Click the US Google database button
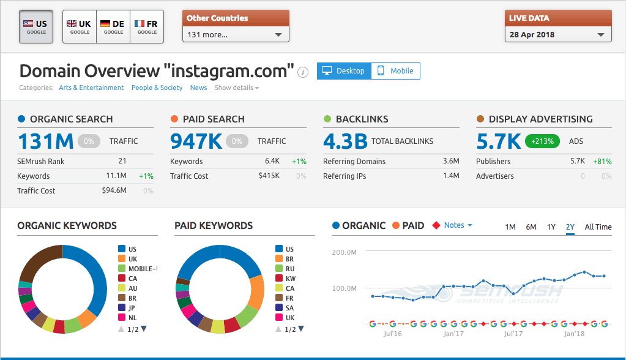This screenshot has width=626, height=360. tap(36, 27)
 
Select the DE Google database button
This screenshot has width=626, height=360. tap(113, 27)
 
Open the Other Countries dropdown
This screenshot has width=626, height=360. tap(236, 34)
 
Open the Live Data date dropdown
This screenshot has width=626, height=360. tap(557, 34)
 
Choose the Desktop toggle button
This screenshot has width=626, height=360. tap(343, 71)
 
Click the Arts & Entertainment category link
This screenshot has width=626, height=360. tap(91, 88)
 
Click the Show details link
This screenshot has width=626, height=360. tap(236, 88)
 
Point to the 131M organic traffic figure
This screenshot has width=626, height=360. tap(45, 141)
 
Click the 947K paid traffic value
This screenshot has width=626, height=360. tap(196, 141)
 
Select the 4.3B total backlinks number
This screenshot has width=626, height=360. tap(345, 141)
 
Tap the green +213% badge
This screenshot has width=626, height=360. tap(542, 141)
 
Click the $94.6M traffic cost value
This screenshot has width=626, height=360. tap(114, 190)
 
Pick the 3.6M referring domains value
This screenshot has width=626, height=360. tap(450, 162)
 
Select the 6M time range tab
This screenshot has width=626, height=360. tap(531, 227)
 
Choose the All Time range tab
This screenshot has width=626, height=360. tap(598, 227)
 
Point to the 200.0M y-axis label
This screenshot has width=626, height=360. tap(345, 252)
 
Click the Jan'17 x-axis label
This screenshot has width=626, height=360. tap(453, 334)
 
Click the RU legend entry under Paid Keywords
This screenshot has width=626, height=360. tap(289, 269)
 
